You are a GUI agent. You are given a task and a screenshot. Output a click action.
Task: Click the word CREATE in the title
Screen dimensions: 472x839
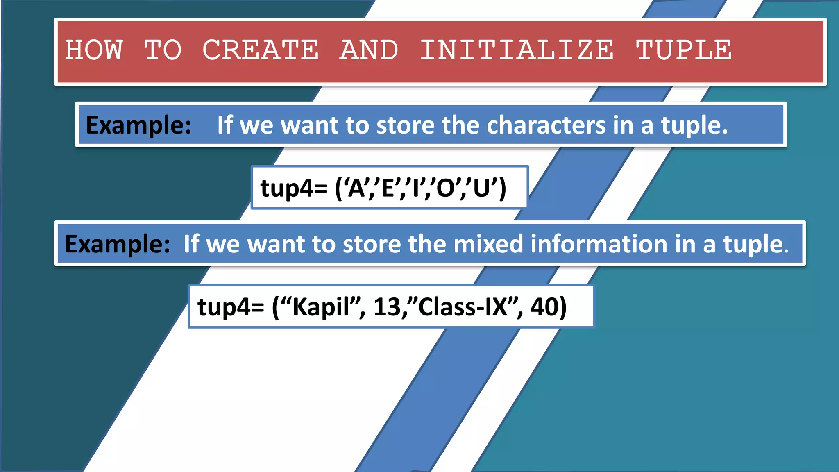pyautogui.click(x=261, y=50)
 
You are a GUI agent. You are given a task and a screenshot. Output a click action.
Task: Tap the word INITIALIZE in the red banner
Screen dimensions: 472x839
pyautogui.click(x=517, y=50)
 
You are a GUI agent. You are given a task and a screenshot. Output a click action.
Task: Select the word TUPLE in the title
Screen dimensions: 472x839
pyautogui.click(x=684, y=50)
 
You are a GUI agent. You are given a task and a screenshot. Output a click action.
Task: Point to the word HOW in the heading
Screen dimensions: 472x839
pyautogui.click(x=94, y=50)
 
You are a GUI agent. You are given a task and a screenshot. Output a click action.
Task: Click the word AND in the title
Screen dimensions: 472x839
pyautogui.click(x=369, y=50)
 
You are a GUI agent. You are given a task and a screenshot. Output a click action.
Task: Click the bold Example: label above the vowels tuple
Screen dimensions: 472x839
pyautogui.click(x=138, y=125)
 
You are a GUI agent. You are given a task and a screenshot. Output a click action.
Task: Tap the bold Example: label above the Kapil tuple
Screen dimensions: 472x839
pyautogui.click(x=118, y=244)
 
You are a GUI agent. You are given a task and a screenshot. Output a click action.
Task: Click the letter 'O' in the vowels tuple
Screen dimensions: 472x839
pyautogui.click(x=445, y=188)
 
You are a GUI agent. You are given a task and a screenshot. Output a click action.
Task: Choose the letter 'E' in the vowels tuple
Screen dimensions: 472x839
pyautogui.click(x=388, y=188)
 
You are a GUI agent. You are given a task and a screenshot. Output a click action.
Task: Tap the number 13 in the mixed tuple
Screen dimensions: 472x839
pyautogui.click(x=387, y=307)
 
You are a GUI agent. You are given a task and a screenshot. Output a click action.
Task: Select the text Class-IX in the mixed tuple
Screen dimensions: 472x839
pyautogui.click(x=463, y=307)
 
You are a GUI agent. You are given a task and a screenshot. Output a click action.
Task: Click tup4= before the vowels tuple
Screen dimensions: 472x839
pyautogui.click(x=294, y=188)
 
